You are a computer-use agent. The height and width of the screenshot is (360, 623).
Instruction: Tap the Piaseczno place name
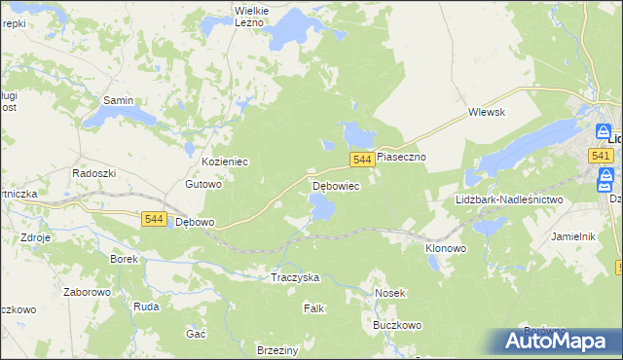coord(402,156)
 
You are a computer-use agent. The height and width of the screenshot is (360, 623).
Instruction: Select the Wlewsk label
coord(485,112)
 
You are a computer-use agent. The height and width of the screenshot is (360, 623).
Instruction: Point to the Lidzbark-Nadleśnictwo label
coord(509,199)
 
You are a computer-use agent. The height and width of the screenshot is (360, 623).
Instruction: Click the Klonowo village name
coord(446,248)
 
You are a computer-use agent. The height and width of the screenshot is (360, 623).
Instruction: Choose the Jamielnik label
coord(572,236)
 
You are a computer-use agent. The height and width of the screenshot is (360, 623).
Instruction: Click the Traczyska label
coord(295,277)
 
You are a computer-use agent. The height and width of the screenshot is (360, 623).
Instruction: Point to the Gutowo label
coord(204,184)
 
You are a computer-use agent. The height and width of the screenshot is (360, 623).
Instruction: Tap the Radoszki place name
coord(94,172)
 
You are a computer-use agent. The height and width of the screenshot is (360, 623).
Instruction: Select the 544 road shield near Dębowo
coord(153,220)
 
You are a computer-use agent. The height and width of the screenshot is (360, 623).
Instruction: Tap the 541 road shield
coord(600,156)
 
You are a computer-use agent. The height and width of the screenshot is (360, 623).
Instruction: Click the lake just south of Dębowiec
coord(321,205)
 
